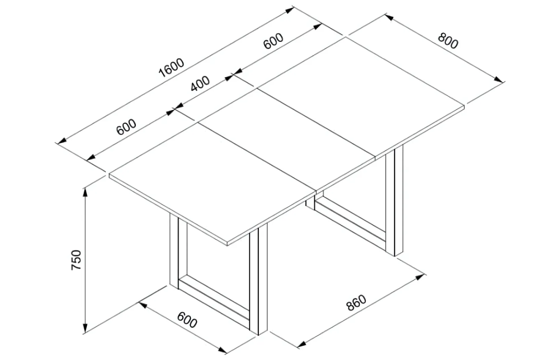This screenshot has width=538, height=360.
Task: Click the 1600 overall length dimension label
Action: tap(171, 68)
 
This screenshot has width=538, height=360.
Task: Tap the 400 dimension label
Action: tap(200, 84)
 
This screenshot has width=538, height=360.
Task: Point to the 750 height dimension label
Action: tap(76, 260)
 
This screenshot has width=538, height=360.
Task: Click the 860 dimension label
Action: tap(356, 302)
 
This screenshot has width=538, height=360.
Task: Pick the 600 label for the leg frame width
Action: tap(187, 320)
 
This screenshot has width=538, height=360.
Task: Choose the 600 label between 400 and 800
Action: tap(273, 41)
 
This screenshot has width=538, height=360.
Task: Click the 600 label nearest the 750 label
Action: tap(126, 127)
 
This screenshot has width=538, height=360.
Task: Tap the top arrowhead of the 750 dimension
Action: tap(85, 192)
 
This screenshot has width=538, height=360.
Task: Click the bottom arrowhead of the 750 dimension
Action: tap(85, 328)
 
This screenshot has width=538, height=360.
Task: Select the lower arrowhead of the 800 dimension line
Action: tap(498, 79)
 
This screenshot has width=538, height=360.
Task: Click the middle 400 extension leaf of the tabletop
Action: tap(286, 139)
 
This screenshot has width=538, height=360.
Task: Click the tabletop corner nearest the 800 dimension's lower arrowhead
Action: tap(464, 106)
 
